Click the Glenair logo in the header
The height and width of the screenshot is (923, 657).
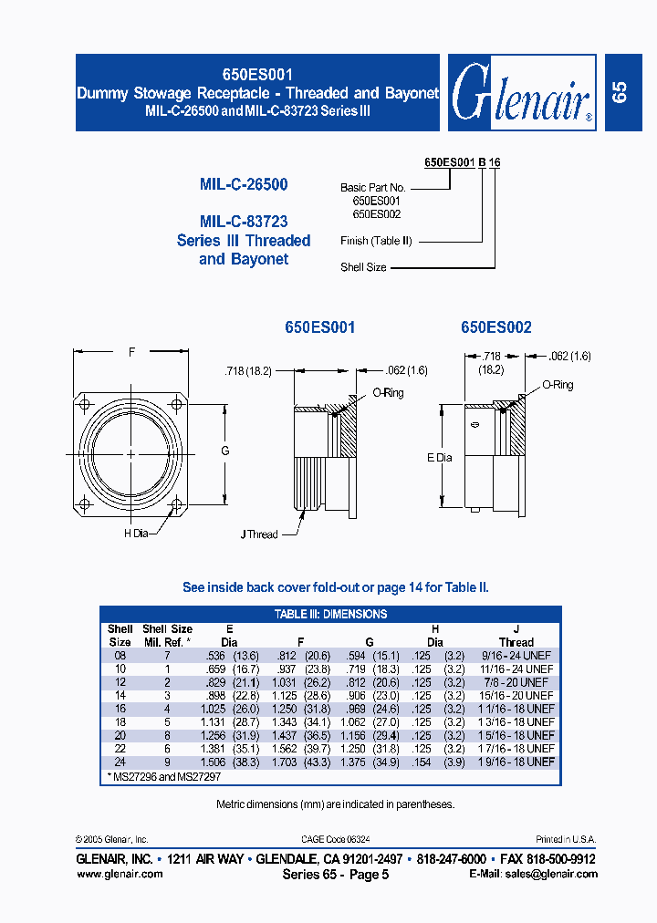522,92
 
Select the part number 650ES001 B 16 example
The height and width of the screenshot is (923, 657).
462,162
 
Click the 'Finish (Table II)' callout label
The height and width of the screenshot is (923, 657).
376,241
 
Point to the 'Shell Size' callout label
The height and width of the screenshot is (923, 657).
363,267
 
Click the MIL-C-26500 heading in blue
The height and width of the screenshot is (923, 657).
244,184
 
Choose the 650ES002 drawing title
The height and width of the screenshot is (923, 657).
495,327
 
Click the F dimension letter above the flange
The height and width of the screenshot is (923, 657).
132,351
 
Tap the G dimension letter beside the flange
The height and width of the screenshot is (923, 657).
225,451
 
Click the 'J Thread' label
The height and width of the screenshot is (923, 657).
259,534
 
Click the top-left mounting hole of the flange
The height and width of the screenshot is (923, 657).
86,405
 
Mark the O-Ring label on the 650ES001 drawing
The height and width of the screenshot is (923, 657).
387,393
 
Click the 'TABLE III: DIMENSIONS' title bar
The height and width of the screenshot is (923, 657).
331,614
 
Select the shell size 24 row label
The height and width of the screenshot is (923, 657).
120,761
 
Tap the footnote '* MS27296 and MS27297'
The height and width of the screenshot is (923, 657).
164,776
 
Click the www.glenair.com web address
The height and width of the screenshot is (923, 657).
120,874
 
